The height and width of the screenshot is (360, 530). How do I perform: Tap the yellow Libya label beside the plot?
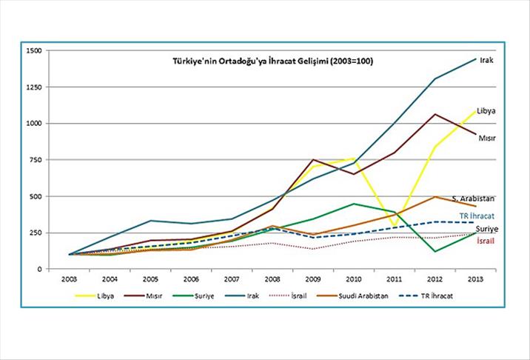click(x=486, y=110)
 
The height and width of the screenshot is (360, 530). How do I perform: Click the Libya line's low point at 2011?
click(x=395, y=225)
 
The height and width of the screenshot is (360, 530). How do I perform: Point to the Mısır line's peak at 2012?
click(x=435, y=114)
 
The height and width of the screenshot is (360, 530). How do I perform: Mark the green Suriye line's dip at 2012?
click(x=435, y=251)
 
